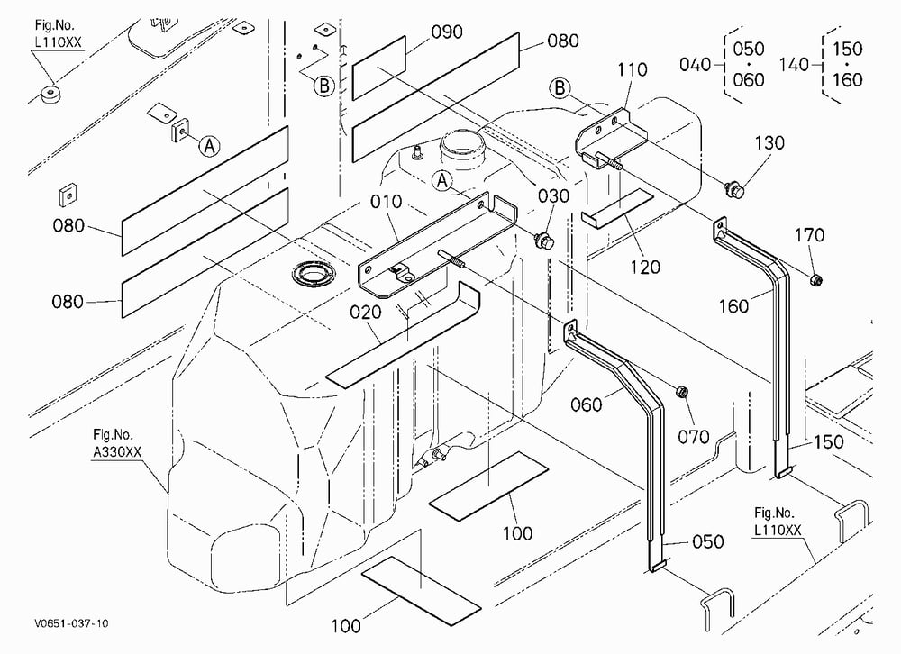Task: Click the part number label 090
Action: (447, 32)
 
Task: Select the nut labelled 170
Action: (815, 280)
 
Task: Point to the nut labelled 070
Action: (681, 393)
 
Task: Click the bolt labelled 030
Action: (544, 241)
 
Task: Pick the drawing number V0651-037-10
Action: (71, 623)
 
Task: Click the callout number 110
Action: (633, 69)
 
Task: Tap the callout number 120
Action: (645, 268)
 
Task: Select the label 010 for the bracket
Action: (386, 202)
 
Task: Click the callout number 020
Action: (366, 312)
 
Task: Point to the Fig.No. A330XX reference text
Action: (116, 443)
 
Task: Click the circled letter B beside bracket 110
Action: (560, 88)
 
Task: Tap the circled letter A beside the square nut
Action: (210, 146)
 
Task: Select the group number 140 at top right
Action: (794, 64)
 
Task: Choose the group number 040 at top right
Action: (696, 64)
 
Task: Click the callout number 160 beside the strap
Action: (733, 306)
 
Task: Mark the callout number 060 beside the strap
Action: (587, 405)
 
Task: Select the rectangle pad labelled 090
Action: (378, 68)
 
